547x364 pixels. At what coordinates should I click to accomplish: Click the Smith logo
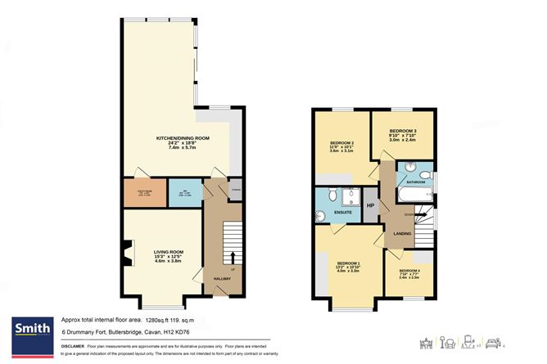31,329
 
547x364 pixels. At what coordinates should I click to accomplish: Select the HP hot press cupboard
370,205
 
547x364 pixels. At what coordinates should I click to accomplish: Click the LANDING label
402,235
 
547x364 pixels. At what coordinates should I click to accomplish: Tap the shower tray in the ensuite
354,197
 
